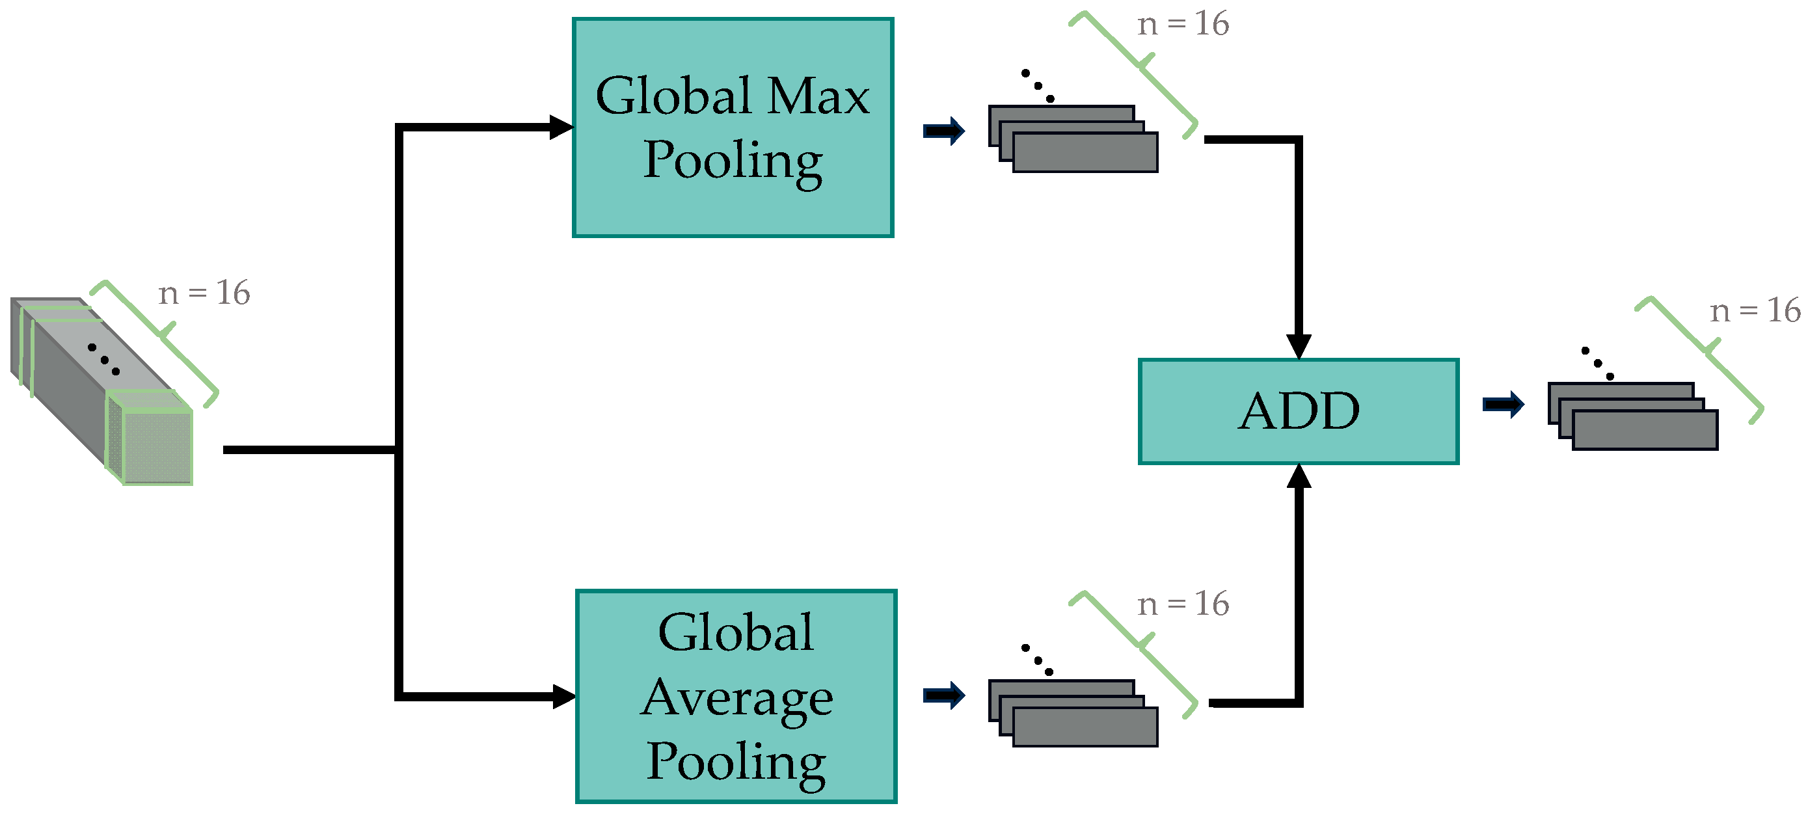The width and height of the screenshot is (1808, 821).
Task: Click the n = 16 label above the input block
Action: [x=204, y=293]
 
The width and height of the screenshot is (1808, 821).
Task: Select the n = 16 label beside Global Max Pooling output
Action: [x=1183, y=24]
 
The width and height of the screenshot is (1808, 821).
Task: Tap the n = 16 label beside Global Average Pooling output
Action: [x=1183, y=604]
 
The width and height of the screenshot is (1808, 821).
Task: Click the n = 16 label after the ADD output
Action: [x=1755, y=310]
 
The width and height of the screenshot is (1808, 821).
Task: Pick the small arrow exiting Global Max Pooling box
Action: [x=944, y=131]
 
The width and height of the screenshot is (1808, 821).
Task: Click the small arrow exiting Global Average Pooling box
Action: [x=944, y=695]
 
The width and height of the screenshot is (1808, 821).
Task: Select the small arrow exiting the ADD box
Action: [x=1503, y=404]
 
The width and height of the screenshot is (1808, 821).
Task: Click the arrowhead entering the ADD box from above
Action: [x=1299, y=346]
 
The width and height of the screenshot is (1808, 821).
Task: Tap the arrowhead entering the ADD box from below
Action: [x=1299, y=476]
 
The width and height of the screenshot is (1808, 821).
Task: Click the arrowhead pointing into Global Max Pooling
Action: [x=561, y=127]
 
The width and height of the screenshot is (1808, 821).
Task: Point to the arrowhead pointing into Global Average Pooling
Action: [x=563, y=696]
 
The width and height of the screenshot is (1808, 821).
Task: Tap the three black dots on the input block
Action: [x=104, y=359]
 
